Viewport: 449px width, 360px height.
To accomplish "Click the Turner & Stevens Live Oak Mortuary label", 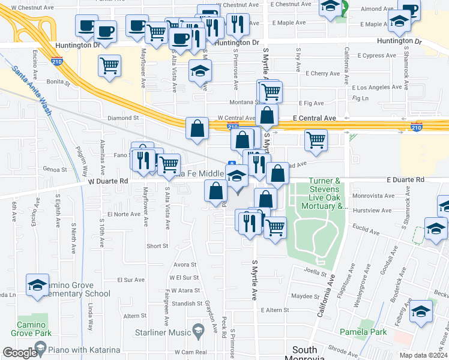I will pyautogui.click(x=328, y=193).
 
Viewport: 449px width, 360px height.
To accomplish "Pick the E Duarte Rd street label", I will pyautogui.click(x=405, y=179).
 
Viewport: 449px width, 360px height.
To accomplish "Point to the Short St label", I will pyautogui.click(x=157, y=246).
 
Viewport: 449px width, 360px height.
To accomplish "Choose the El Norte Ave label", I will pyautogui.click(x=124, y=214).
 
